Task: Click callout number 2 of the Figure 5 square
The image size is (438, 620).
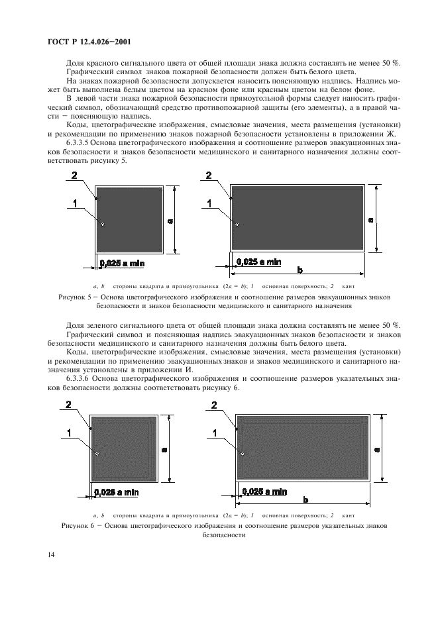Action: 75,175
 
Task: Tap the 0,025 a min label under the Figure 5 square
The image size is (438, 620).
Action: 122,263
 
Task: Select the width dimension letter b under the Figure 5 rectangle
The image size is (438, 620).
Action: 300,270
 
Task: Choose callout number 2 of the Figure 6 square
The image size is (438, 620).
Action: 69,404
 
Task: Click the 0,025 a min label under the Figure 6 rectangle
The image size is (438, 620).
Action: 264,491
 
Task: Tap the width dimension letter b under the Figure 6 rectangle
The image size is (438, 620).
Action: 305,498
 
